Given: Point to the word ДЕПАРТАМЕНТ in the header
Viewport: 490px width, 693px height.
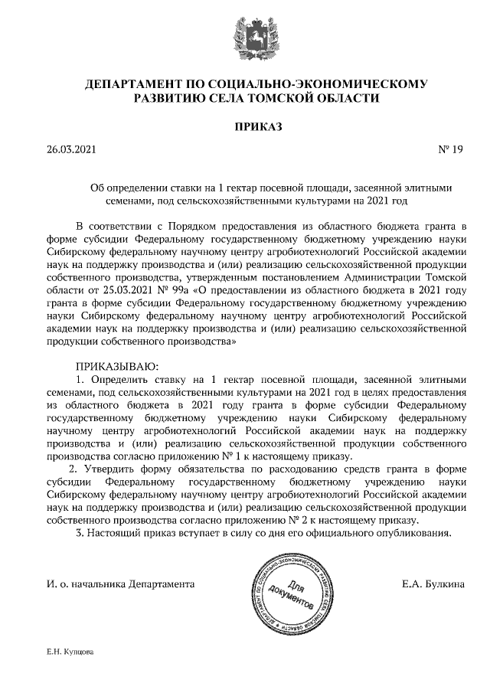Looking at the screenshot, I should coord(131,83).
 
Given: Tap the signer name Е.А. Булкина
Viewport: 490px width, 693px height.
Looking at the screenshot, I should coord(433,583).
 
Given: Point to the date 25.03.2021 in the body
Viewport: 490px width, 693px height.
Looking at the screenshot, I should coord(113,291).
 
